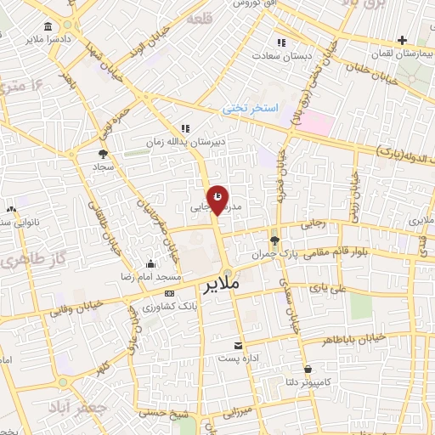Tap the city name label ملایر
click(223, 286)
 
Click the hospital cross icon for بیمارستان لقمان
click(402, 40)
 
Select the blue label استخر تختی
click(245, 108)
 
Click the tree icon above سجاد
click(103, 154)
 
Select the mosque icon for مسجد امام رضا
click(151, 264)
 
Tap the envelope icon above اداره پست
click(239, 346)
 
